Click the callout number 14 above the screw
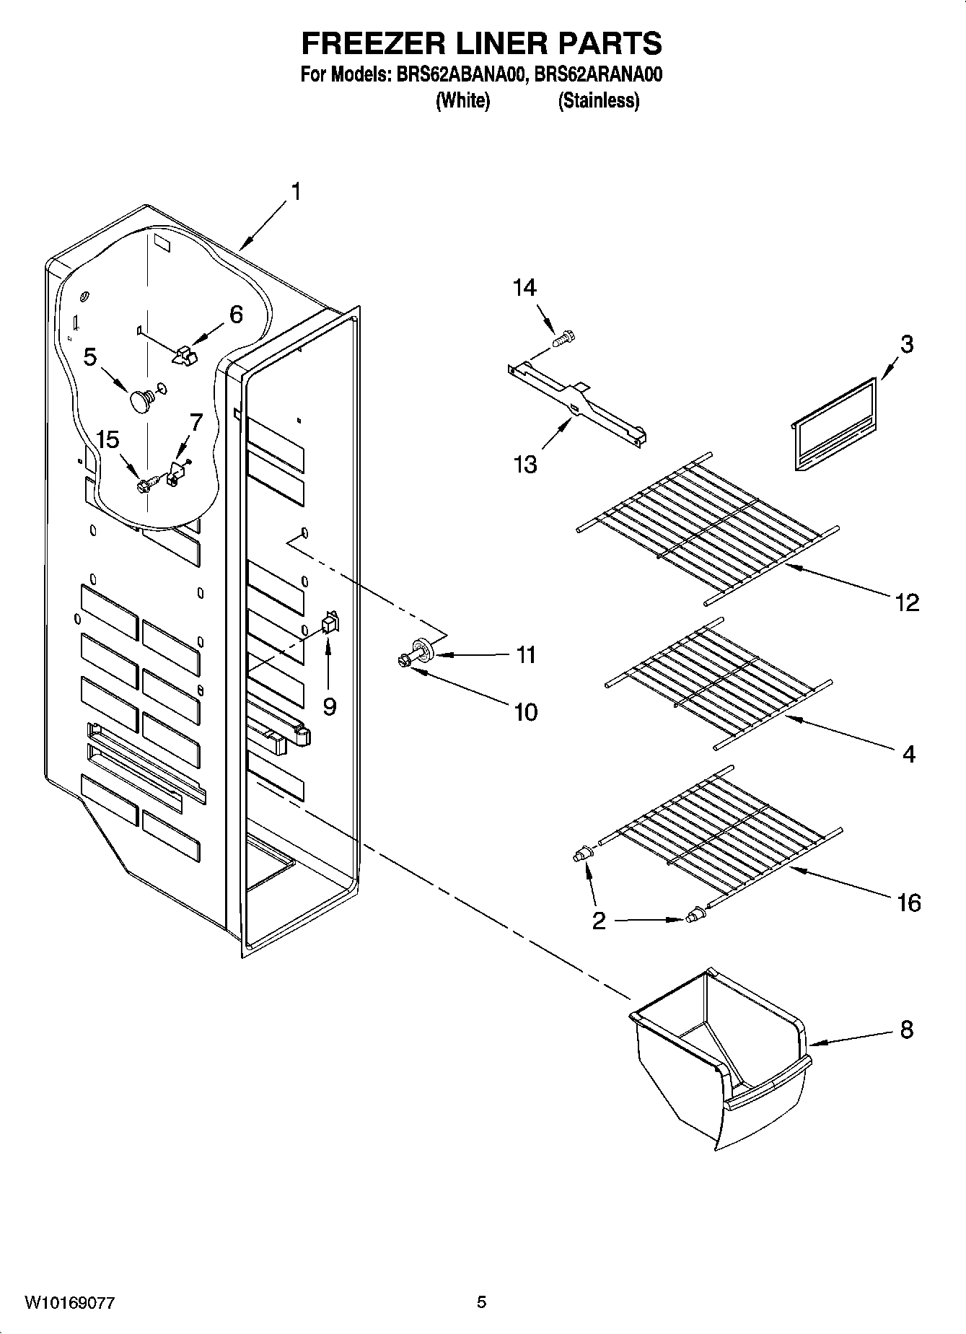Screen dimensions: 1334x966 pyautogui.click(x=524, y=288)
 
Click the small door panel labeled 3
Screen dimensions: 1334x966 pyautogui.click(x=837, y=426)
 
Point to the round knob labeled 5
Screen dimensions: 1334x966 pyautogui.click(x=139, y=401)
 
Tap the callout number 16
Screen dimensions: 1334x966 pyautogui.click(x=908, y=902)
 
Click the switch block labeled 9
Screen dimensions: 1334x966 pyautogui.click(x=330, y=623)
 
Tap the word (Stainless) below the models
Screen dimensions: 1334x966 pyautogui.click(x=598, y=100)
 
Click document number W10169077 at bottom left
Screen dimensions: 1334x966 pyautogui.click(x=70, y=1302)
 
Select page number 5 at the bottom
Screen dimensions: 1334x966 pyautogui.click(x=481, y=1302)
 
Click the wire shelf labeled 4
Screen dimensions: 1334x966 pyautogui.click(x=718, y=682)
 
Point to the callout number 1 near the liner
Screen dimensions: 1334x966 pyautogui.click(x=295, y=192)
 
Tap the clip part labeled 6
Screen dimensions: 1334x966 pyautogui.click(x=185, y=354)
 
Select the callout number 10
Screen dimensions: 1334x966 pyautogui.click(x=526, y=713)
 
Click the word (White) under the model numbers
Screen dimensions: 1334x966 pyautogui.click(x=462, y=100)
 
